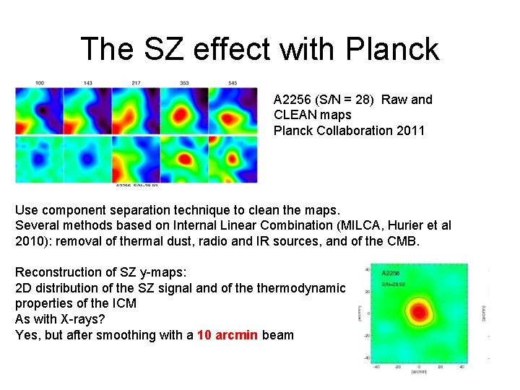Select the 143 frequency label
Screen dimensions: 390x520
click(88, 83)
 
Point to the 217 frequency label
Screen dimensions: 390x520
click(136, 83)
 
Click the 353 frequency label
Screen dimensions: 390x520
click(185, 83)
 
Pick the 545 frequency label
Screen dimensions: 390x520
click(233, 83)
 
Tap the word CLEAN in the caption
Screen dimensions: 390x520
click(292, 115)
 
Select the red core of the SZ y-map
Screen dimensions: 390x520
click(418, 313)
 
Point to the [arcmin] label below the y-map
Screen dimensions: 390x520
click(419, 372)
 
